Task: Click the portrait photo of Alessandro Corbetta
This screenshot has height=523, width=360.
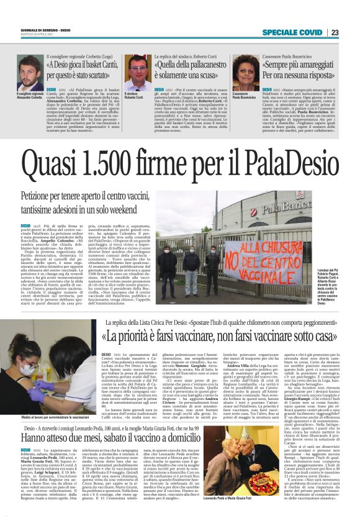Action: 29,74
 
